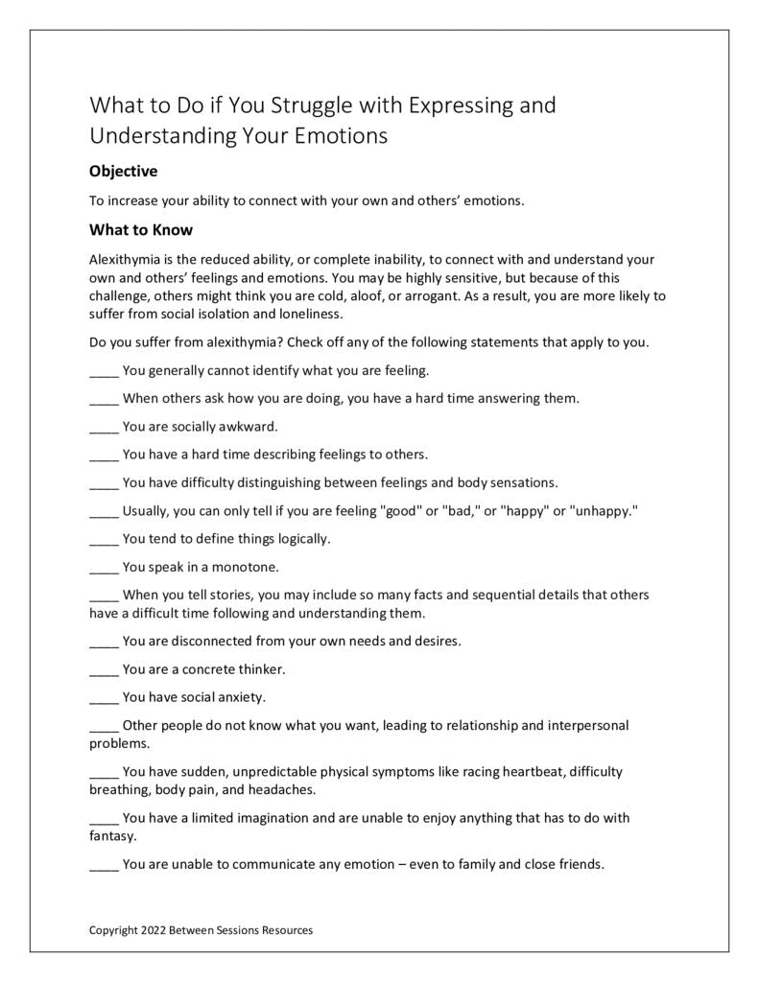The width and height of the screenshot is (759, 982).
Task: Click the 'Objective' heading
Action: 123,172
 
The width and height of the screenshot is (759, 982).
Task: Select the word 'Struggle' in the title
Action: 326,105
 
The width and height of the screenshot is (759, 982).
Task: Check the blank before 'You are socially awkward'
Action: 104,427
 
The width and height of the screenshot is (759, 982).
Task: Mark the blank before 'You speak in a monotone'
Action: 104,567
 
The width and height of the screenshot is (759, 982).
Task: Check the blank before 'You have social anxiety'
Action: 104,697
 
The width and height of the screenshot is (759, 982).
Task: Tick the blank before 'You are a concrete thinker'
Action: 104,669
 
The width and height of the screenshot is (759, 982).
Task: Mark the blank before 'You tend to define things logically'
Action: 104,539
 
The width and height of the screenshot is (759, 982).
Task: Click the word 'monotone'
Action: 249,567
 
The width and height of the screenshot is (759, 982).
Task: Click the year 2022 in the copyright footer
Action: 153,930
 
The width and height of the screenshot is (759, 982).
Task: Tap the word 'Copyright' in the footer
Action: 113,930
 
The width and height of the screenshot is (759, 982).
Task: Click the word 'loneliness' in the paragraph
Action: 309,314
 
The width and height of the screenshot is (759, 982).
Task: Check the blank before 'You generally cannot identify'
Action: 104,370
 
